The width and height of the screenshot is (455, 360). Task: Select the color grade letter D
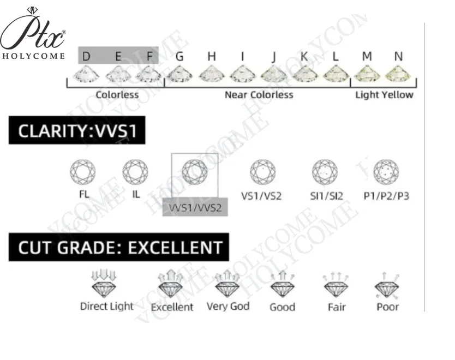(x=86, y=56)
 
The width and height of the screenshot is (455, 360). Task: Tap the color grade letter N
(x=398, y=56)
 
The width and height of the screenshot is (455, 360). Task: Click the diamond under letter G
(x=179, y=74)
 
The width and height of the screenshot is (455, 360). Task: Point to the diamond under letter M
(x=367, y=74)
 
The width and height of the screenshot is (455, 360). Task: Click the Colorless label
(x=117, y=95)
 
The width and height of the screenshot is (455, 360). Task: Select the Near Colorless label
(x=259, y=95)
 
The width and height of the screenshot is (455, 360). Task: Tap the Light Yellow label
(x=384, y=95)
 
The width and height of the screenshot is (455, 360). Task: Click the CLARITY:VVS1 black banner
(x=77, y=132)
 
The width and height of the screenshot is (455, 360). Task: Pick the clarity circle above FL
(x=83, y=172)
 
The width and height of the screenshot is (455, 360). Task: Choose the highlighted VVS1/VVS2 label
(x=195, y=208)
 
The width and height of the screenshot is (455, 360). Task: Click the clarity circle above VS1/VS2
(x=262, y=172)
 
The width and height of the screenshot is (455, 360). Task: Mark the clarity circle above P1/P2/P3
(x=386, y=172)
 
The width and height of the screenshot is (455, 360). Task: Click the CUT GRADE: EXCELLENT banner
(x=119, y=247)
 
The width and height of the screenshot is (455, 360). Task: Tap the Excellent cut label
(x=172, y=307)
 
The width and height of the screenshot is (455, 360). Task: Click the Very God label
(x=228, y=307)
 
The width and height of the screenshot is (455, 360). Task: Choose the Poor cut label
(x=387, y=307)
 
